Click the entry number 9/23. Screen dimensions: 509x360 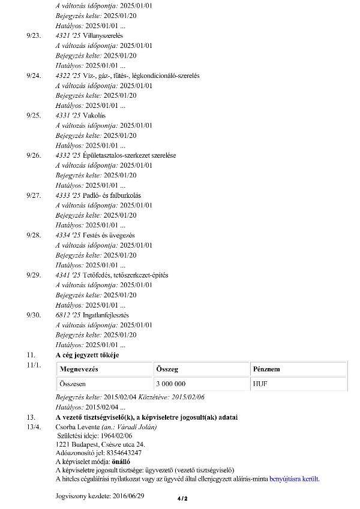[x=34, y=36]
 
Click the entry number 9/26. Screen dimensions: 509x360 [x=34, y=155]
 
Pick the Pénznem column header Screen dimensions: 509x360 [x=266, y=369]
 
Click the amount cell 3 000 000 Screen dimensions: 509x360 [x=170, y=383]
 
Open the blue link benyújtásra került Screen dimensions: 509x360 [x=295, y=479]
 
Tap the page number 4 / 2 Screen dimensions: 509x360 [x=182, y=498]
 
